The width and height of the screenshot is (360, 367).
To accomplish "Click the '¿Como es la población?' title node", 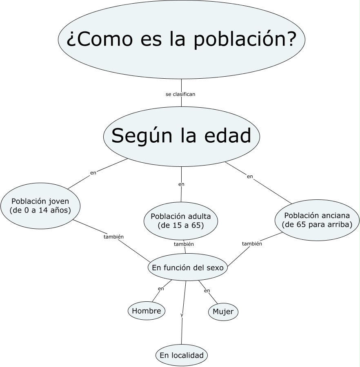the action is click(x=181, y=40).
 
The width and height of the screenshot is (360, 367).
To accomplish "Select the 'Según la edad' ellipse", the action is click(x=181, y=136).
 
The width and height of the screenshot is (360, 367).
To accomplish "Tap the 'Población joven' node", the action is click(x=40, y=206).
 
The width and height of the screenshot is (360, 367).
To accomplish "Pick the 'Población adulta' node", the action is click(x=180, y=221).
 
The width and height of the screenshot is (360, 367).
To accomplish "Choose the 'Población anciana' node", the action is click(x=317, y=220).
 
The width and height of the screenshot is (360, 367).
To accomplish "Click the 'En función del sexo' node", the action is click(x=187, y=268).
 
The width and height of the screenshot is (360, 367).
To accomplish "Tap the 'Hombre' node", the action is click(x=147, y=311).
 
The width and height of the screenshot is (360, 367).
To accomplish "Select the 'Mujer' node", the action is click(x=223, y=312).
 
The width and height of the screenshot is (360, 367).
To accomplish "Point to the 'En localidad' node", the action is click(x=182, y=355).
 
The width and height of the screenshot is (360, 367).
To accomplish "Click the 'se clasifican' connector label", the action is click(x=180, y=94).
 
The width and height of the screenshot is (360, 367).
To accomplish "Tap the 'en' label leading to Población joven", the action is click(x=93, y=172).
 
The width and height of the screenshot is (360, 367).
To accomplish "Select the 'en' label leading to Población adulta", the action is click(x=181, y=184).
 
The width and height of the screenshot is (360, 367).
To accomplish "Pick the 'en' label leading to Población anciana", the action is click(x=250, y=177).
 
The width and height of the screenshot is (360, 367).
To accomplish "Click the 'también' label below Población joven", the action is click(x=113, y=237).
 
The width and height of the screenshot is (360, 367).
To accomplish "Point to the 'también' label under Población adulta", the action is click(x=184, y=244).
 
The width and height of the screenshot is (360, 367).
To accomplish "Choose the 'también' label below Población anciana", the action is click(x=252, y=243).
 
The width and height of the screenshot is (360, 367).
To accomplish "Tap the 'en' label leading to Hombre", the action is click(x=161, y=289).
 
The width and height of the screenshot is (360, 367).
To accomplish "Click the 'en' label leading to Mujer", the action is click(x=207, y=291).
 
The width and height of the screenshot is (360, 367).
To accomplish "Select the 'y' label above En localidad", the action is click(x=182, y=315).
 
